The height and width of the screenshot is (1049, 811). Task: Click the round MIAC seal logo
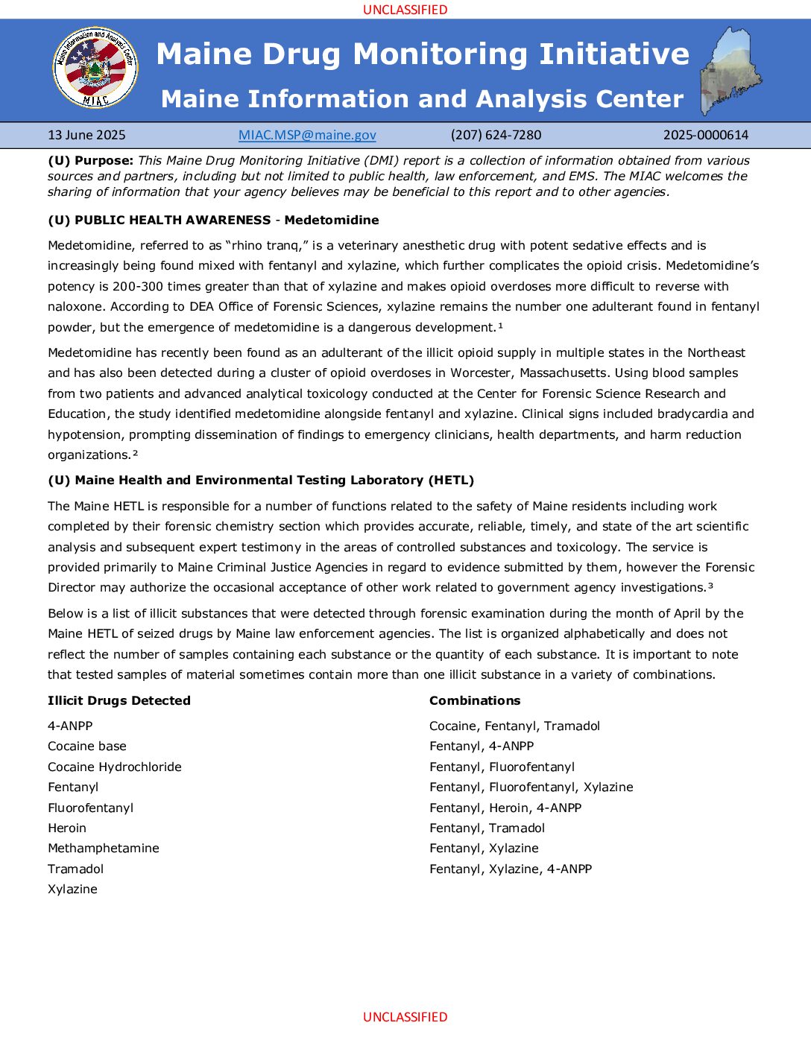pyautogui.click(x=95, y=68)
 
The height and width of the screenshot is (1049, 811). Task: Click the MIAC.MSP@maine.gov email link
pyautogui.click(x=307, y=135)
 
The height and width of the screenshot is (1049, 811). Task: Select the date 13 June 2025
pyautogui.click(x=86, y=135)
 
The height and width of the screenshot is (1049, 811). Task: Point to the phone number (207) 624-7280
pyautogui.click(x=496, y=135)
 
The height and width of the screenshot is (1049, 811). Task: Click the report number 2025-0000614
pyautogui.click(x=705, y=135)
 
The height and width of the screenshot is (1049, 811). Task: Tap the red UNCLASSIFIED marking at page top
pyautogui.click(x=405, y=10)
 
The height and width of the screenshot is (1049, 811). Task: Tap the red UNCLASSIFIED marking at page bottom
pyautogui.click(x=405, y=1017)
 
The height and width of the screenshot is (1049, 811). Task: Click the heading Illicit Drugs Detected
pyautogui.click(x=119, y=700)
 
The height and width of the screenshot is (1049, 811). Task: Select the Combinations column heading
pyautogui.click(x=475, y=700)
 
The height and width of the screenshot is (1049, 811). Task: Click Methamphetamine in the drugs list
pyautogui.click(x=104, y=848)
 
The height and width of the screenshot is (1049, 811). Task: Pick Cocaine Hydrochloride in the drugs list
pyautogui.click(x=115, y=767)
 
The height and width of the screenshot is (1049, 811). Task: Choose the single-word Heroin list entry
pyautogui.click(x=67, y=828)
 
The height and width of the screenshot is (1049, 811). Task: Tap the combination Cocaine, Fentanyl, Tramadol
pyautogui.click(x=514, y=726)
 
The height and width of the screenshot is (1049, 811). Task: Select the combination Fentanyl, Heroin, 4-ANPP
pyautogui.click(x=505, y=808)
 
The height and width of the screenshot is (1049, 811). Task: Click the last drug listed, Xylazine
pyautogui.click(x=72, y=889)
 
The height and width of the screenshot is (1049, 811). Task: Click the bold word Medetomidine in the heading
pyautogui.click(x=332, y=220)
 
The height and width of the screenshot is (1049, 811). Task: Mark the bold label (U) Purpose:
pyautogui.click(x=91, y=160)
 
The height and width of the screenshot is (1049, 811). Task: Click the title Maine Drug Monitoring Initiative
pyautogui.click(x=423, y=54)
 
